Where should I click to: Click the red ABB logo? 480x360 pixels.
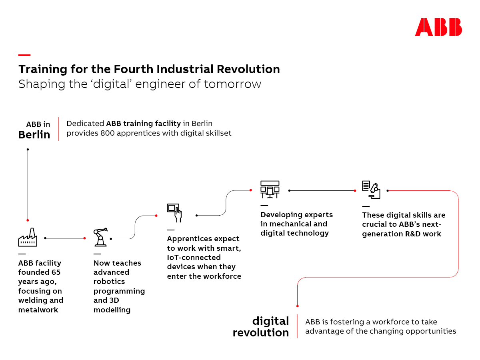point(438,27)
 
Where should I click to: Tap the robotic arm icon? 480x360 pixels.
point(100,237)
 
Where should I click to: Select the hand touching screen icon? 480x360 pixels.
point(174,213)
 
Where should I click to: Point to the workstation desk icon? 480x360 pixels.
point(270,189)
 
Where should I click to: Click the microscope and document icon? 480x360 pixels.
point(371,190)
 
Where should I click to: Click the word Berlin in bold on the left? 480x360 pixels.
point(34,134)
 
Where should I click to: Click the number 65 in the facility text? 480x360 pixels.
point(56,272)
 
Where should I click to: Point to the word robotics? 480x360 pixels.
point(109,282)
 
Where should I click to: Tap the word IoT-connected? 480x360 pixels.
point(194,258)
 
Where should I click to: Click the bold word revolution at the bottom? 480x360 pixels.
point(261,333)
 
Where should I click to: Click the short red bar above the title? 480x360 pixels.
point(24,55)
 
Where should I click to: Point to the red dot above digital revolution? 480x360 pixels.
point(298,306)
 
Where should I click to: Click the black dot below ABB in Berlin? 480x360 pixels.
point(28,150)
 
